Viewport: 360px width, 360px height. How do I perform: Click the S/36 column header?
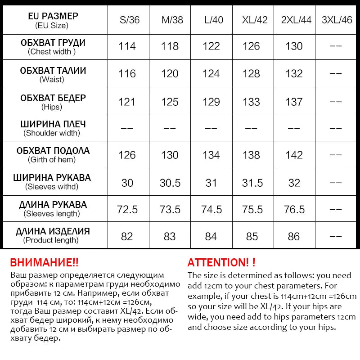pyautogui.click(x=130, y=20)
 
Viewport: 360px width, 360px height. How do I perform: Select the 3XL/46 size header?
pyautogui.click(x=337, y=20)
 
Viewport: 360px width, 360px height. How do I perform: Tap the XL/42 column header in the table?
pyautogui.click(x=255, y=20)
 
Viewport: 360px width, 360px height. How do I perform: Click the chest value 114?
pyautogui.click(x=127, y=46)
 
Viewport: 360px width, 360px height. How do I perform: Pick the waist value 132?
pyautogui.click(x=294, y=74)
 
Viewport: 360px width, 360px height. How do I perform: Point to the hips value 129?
pyautogui.click(x=211, y=102)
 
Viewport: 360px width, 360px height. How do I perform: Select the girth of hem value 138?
pyautogui.click(x=251, y=155)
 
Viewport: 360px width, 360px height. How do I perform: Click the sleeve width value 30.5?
pyautogui.click(x=170, y=183)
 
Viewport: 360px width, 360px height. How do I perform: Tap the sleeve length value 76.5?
pyautogui.click(x=294, y=210)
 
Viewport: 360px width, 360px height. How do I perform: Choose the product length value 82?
pyautogui.click(x=127, y=236)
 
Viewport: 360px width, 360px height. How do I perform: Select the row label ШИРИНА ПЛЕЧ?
pyautogui.click(x=53, y=124)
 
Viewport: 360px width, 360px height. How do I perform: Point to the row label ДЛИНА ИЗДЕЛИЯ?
pyautogui.click(x=53, y=232)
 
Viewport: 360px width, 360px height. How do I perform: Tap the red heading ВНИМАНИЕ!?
pyautogui.click(x=44, y=263)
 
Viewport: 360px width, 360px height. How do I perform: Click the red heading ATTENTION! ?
pyautogui.click(x=221, y=263)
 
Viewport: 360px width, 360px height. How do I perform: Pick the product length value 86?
pyautogui.click(x=294, y=236)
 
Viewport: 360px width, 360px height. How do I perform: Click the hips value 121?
pyautogui.click(x=127, y=102)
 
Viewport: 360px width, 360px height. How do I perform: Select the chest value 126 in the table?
pyautogui.click(x=251, y=46)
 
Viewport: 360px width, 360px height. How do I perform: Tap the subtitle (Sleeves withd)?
pyautogui.click(x=52, y=187)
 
